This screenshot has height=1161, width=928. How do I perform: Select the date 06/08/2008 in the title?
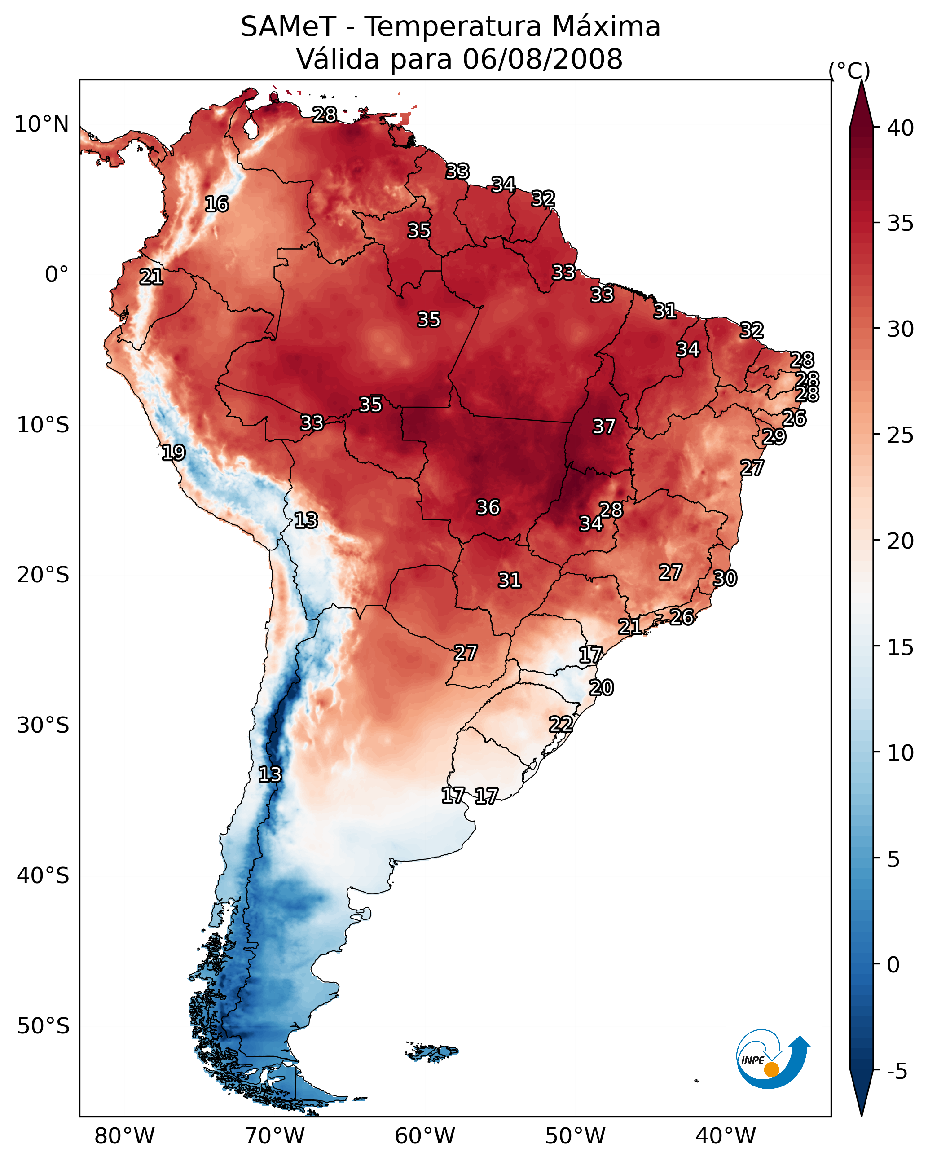tap(542, 59)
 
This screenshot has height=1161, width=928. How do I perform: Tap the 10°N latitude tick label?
tap(41, 124)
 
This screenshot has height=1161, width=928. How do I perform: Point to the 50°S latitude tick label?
tap(43, 1026)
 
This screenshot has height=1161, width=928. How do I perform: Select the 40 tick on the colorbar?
tap(901, 128)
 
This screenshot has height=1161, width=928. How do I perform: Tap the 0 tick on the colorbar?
tap(893, 965)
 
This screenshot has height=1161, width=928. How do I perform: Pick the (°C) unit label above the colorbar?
tap(849, 70)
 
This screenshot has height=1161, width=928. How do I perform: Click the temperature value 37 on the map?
tap(604, 427)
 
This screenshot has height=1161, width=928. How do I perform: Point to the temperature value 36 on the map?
tap(488, 507)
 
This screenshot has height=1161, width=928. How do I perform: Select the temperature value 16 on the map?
tap(216, 204)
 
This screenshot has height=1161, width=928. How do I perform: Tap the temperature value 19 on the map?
tap(173, 453)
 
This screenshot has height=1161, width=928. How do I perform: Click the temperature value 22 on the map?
tap(561, 724)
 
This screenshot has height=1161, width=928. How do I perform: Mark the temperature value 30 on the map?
tap(725, 578)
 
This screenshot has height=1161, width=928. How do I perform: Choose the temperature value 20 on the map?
tap(601, 688)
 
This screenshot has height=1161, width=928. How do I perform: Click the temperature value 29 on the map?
tap(774, 436)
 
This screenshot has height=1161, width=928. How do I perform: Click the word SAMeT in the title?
tap(288, 27)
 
